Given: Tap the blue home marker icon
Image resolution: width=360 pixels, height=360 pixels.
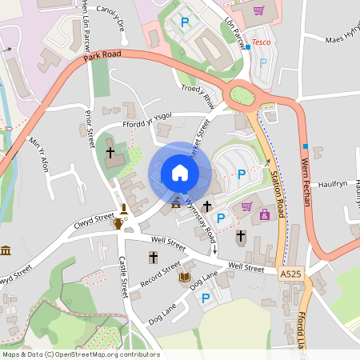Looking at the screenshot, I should point(179,173).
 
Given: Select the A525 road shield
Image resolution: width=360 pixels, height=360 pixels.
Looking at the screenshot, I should point(292,274).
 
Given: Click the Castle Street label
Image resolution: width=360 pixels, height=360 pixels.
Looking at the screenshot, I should point(125,271).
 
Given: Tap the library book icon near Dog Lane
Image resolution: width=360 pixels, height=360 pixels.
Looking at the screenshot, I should point(185,278).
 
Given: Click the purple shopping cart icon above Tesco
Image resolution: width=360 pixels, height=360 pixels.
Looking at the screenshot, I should point(258,10).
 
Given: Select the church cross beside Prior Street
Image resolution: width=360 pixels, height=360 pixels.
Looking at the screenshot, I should point(111,151).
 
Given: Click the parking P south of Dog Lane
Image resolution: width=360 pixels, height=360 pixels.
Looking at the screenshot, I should point(206,298).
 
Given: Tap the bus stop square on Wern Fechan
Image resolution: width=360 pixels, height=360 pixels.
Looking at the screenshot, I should point(306,146).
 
